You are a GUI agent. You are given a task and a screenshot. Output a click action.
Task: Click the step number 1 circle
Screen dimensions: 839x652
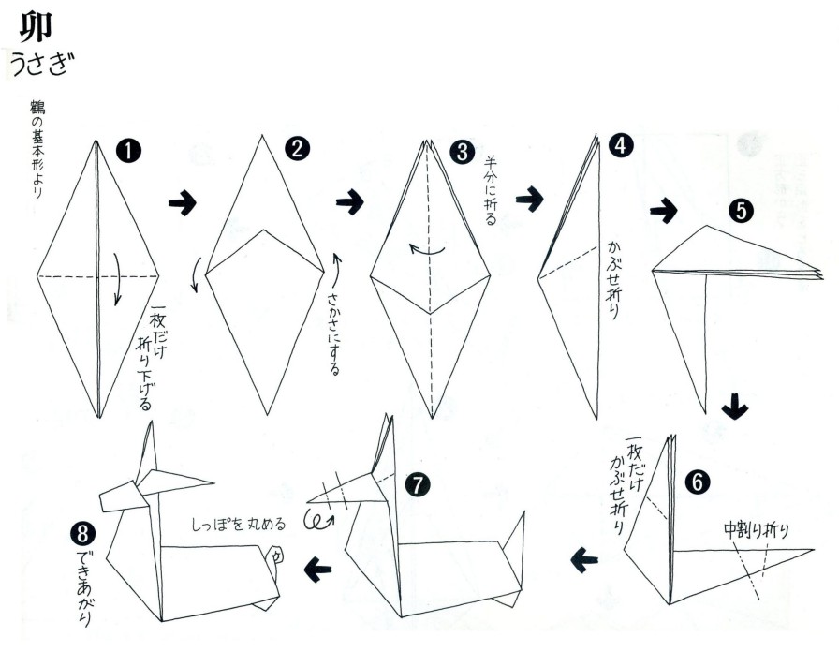click(128, 151)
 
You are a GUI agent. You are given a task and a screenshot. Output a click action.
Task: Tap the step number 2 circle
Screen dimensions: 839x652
click(297, 148)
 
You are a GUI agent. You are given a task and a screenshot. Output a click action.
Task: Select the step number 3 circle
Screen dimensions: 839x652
click(462, 152)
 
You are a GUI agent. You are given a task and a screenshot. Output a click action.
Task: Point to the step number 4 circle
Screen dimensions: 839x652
click(621, 145)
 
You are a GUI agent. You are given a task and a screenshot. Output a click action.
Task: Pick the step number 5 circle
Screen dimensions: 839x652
click(741, 211)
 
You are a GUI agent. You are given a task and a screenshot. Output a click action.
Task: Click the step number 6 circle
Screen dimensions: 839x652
click(698, 482)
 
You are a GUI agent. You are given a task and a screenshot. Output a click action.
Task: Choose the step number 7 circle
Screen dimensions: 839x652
click(418, 485)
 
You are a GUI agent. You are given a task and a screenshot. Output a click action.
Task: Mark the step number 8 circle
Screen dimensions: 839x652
click(82, 534)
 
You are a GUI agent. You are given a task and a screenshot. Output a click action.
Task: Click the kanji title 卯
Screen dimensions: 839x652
click(37, 27)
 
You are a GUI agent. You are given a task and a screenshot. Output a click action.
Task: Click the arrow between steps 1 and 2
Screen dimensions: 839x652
click(183, 202)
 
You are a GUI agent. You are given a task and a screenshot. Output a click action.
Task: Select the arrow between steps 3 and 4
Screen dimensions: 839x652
click(529, 199)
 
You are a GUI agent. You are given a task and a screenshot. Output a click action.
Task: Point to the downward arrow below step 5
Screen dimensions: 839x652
click(735, 407)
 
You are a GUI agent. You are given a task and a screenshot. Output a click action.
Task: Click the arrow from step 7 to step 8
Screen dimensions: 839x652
click(317, 569)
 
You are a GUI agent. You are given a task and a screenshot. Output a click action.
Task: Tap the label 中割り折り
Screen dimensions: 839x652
click(756, 530)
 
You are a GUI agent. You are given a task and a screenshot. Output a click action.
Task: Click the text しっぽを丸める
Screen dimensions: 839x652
click(239, 524)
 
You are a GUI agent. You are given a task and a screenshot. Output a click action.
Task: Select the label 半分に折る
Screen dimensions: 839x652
click(491, 190)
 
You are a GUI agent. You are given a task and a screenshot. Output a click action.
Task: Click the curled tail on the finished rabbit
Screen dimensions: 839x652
click(274, 556)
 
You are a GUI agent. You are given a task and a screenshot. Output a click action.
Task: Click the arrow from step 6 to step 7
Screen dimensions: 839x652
click(584, 561)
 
